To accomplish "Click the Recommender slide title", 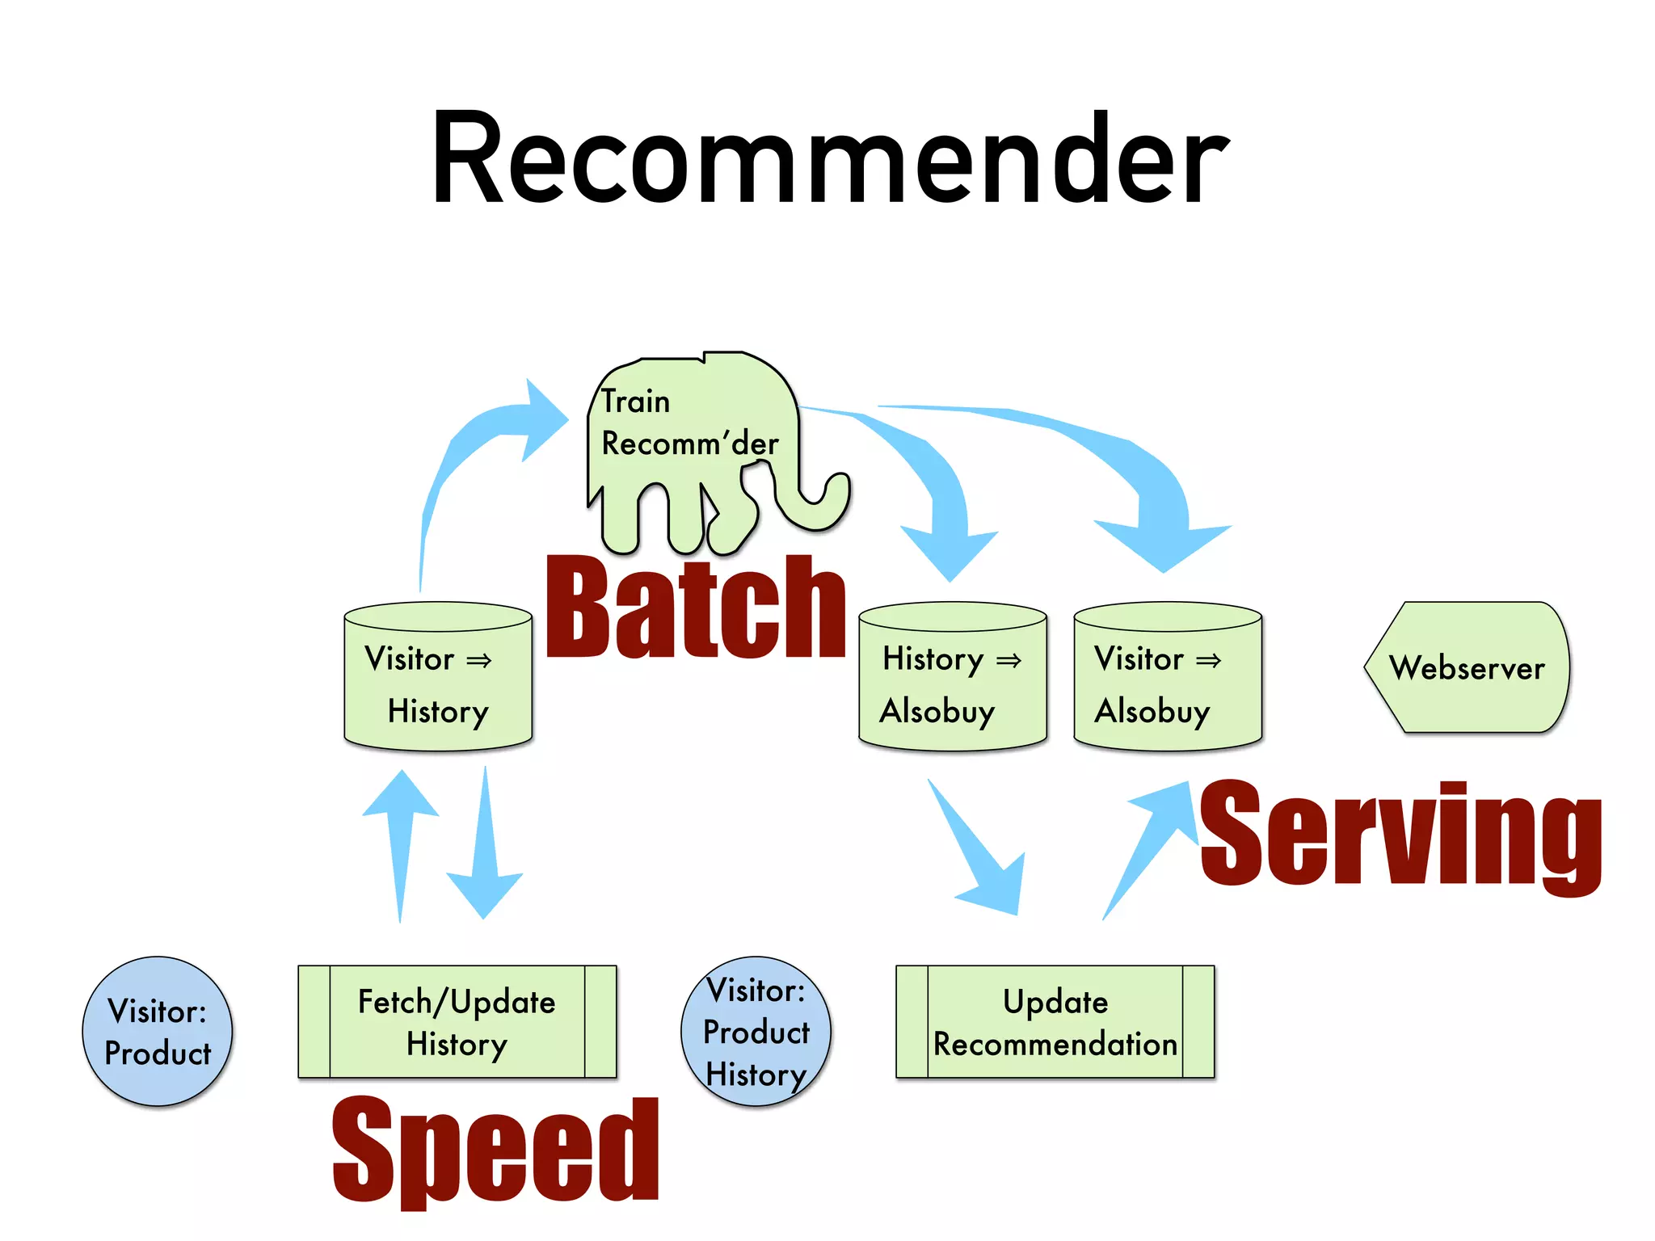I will [x=829, y=158].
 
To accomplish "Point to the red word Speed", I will [x=495, y=1151].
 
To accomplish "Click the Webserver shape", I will [x=1468, y=667].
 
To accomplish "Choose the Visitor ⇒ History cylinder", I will [x=438, y=679].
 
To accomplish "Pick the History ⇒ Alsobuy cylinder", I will [x=952, y=679].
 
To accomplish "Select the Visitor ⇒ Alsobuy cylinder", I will [x=1167, y=679].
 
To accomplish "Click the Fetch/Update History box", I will [x=457, y=1021].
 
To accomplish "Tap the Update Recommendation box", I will [x=1055, y=1021].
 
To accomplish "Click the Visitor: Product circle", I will [x=158, y=1031].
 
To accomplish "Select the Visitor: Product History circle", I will [x=756, y=1031].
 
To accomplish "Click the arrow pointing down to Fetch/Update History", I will [x=485, y=856].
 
